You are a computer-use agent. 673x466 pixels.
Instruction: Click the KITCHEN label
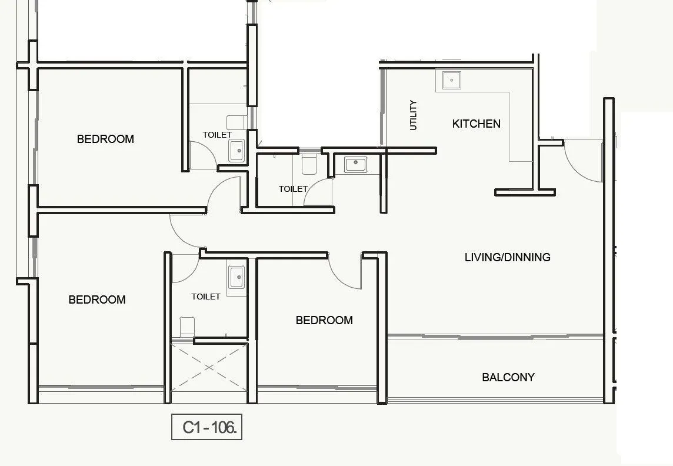pyautogui.click(x=476, y=124)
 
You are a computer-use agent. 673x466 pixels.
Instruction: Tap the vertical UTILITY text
pyautogui.click(x=413, y=115)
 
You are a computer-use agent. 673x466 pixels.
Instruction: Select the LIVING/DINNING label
pyautogui.click(x=507, y=257)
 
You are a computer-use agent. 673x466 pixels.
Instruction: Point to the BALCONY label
pyautogui.click(x=508, y=377)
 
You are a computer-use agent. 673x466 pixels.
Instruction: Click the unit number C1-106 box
pyautogui.click(x=206, y=428)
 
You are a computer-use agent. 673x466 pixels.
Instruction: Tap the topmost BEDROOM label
pyautogui.click(x=105, y=139)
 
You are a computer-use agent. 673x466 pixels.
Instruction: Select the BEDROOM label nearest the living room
pyautogui.click(x=324, y=320)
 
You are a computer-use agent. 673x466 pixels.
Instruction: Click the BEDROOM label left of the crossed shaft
pyautogui.click(x=97, y=299)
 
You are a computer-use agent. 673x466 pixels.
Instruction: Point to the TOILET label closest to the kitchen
pyautogui.click(x=293, y=189)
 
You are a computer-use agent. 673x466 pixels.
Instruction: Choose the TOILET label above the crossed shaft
pyautogui.click(x=206, y=297)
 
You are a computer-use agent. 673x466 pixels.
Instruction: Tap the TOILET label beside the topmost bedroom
pyautogui.click(x=217, y=135)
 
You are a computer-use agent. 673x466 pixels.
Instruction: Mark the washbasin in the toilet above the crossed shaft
pyautogui.click(x=236, y=276)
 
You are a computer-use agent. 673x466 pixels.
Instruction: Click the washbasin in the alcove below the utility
pyautogui.click(x=355, y=164)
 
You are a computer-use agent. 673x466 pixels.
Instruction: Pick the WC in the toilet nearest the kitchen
pyautogui.click(x=309, y=164)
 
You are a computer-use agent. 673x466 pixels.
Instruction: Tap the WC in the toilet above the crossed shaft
pyautogui.click(x=186, y=327)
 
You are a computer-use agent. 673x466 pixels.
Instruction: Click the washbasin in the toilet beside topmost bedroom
pyautogui.click(x=236, y=150)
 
